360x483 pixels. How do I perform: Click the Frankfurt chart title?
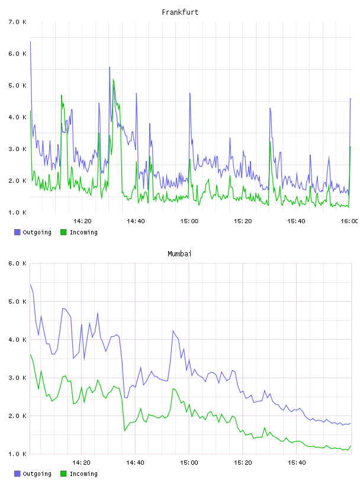coord(180,12)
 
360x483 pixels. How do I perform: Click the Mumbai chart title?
coord(179,254)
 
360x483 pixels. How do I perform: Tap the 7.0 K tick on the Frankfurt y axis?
coord(18,22)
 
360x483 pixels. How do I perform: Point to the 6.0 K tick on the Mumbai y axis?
coord(18,263)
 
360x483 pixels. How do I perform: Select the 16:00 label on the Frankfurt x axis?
coord(349,221)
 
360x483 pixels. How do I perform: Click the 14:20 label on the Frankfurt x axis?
coord(82,221)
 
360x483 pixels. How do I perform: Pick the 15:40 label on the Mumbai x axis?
coord(297,463)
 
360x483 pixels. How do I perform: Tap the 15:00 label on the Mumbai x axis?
coord(189,463)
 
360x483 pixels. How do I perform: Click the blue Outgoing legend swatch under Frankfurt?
coord(17,232)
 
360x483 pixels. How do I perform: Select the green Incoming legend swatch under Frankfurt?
coord(63,232)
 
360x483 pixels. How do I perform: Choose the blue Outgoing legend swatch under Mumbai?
coord(17,474)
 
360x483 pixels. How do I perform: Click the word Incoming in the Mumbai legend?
coord(83,474)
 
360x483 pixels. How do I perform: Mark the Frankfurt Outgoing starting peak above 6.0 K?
coord(30,41)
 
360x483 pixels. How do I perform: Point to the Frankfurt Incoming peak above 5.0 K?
coord(114,79)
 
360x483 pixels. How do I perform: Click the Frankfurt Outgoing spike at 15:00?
coord(190,94)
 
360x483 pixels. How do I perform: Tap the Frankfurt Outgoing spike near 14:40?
coord(136,94)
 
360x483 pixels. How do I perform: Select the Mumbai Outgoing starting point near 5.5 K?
coord(30,285)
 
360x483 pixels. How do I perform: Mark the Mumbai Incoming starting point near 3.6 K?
coord(30,355)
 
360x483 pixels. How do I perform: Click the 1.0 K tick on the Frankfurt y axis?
coord(18,212)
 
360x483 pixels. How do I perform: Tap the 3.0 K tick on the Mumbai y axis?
coord(18,378)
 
